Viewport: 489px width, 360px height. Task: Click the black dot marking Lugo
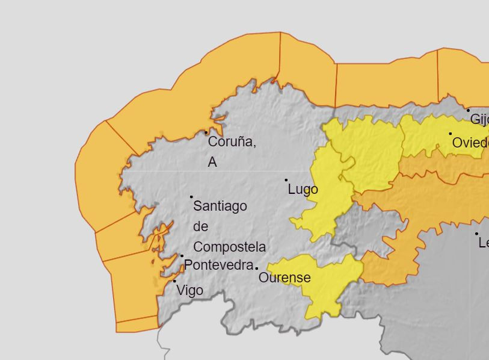click(286, 179)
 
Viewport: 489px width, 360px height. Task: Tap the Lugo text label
click(303, 190)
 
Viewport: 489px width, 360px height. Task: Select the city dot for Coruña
click(206, 132)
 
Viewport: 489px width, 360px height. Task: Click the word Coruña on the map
click(232, 142)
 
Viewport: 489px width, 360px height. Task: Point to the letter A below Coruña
click(212, 162)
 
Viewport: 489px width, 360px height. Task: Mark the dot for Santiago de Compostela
click(191, 197)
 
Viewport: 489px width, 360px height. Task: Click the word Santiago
click(220, 206)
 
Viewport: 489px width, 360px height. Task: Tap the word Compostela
click(229, 247)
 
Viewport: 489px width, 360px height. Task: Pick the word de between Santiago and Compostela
click(201, 226)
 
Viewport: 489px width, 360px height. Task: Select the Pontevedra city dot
click(182, 256)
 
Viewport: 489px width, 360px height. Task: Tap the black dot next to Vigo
click(175, 281)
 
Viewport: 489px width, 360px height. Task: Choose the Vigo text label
click(189, 290)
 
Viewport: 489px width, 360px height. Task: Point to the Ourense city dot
click(257, 268)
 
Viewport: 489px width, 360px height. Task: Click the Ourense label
click(284, 278)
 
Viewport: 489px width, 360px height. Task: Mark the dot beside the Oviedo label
click(450, 134)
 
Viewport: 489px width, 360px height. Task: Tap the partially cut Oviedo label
click(470, 143)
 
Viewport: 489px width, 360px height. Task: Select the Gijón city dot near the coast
click(468, 111)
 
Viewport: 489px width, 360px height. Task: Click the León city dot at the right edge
click(476, 234)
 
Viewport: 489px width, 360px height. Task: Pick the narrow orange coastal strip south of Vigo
click(137, 325)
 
